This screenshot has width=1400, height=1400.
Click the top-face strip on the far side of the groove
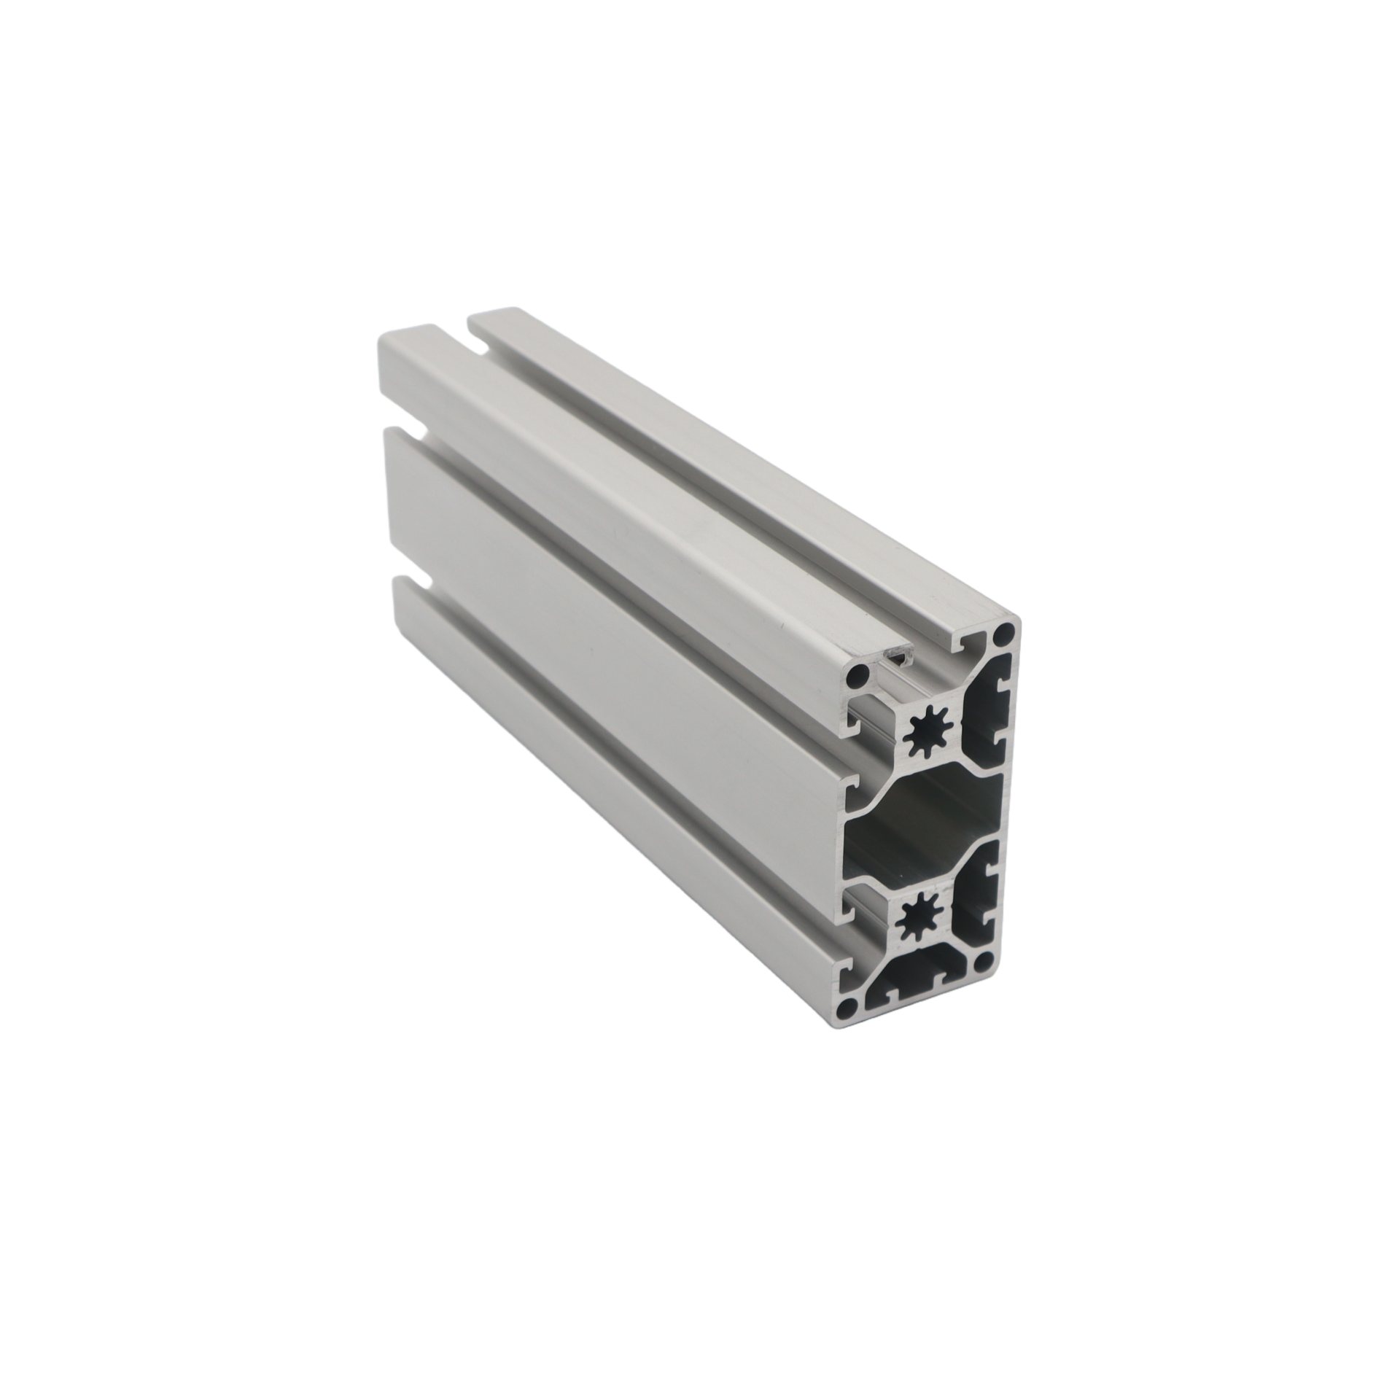pyautogui.click(x=729, y=467)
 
